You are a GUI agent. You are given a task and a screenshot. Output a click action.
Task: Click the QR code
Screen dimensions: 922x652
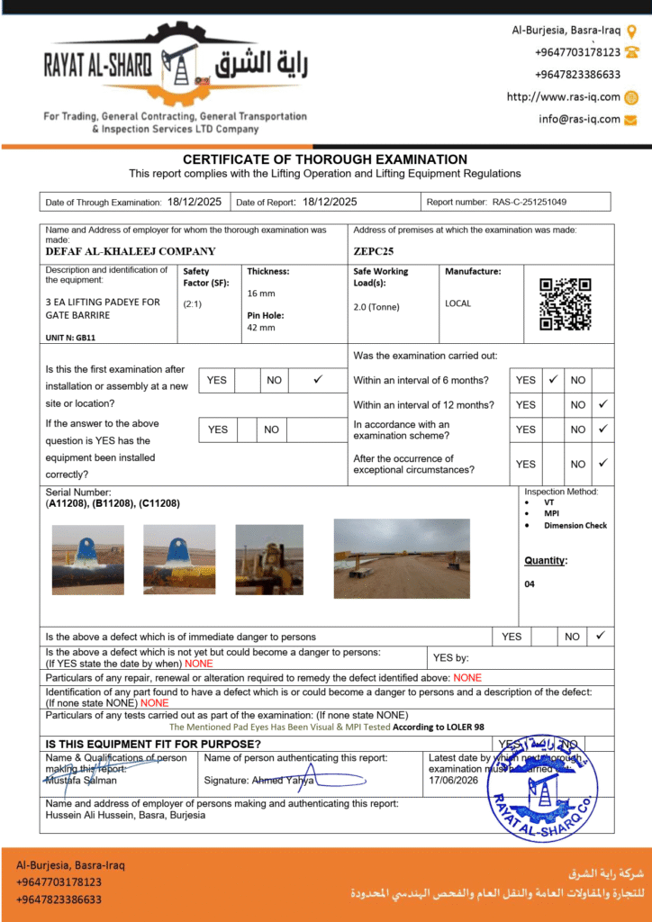click(565, 304)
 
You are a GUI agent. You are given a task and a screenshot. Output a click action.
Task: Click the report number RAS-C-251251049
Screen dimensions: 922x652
click(529, 203)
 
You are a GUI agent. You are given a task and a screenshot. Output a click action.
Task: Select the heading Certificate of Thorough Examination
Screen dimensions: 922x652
click(325, 159)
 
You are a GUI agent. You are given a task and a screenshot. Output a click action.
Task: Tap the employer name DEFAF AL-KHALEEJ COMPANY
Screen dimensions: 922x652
click(131, 252)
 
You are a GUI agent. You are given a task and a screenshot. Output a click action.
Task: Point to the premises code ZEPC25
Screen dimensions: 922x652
click(374, 252)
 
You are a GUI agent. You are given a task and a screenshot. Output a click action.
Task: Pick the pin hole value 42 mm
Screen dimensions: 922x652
click(261, 328)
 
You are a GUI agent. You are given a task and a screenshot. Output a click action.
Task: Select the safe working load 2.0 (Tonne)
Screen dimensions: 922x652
click(376, 307)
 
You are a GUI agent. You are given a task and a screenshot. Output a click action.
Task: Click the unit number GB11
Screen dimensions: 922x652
click(70, 338)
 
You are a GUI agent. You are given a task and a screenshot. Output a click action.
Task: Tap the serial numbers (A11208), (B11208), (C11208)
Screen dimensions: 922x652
click(113, 503)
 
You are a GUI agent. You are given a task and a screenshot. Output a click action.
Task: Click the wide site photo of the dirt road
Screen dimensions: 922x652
click(402, 558)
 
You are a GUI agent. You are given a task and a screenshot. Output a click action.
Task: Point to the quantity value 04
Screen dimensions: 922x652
click(530, 584)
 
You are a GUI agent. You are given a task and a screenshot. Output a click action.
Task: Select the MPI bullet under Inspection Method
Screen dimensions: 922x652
click(551, 513)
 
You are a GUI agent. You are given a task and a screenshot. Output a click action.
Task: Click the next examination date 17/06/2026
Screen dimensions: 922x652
click(454, 781)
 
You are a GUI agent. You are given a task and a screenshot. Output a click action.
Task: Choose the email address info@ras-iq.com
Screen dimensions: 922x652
click(579, 119)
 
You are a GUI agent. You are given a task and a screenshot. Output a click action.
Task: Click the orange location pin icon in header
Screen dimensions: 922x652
click(631, 31)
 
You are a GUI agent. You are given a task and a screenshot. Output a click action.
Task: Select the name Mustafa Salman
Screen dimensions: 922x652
click(81, 781)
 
